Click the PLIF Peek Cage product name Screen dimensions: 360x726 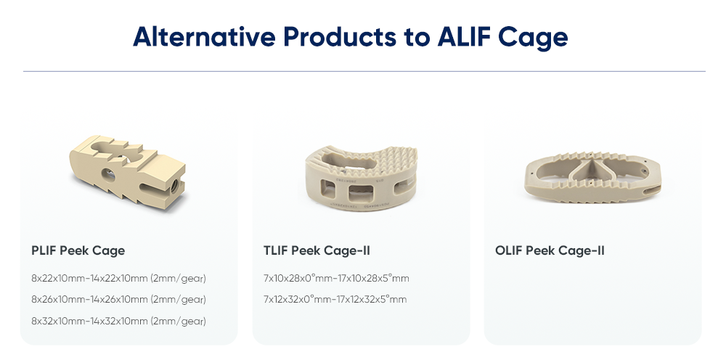[78, 251]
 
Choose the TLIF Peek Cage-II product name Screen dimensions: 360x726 [317, 251]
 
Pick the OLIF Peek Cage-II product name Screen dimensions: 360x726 [550, 251]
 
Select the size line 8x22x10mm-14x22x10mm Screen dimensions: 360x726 [118, 278]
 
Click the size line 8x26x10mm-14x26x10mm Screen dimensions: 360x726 [118, 299]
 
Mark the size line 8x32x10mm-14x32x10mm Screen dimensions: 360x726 [118, 320]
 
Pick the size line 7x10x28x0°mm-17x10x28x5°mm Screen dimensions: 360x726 [336, 278]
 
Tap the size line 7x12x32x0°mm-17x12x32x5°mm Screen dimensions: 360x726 [335, 299]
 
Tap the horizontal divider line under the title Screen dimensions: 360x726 [364, 72]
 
